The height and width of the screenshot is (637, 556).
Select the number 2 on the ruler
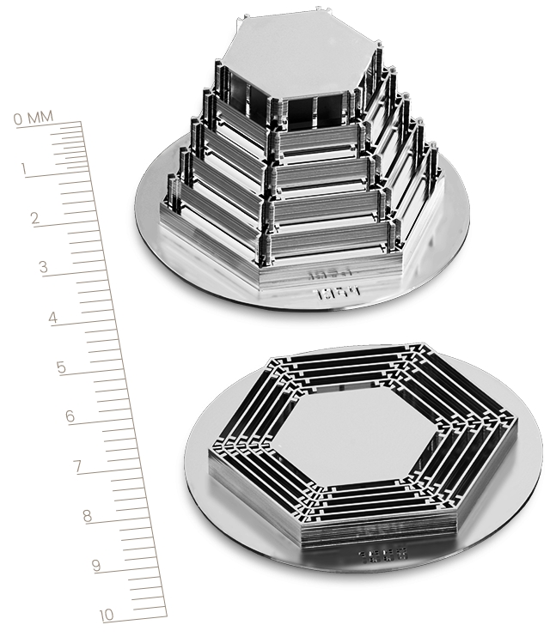point(35,218)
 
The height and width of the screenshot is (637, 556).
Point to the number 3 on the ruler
point(42,267)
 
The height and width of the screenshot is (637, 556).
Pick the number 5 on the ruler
point(60,367)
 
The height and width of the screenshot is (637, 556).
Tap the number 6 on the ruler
point(70,417)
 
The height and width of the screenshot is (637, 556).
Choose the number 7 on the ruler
point(77,467)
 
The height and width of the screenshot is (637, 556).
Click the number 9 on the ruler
point(95,565)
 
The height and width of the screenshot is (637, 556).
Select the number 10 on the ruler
point(107,615)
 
